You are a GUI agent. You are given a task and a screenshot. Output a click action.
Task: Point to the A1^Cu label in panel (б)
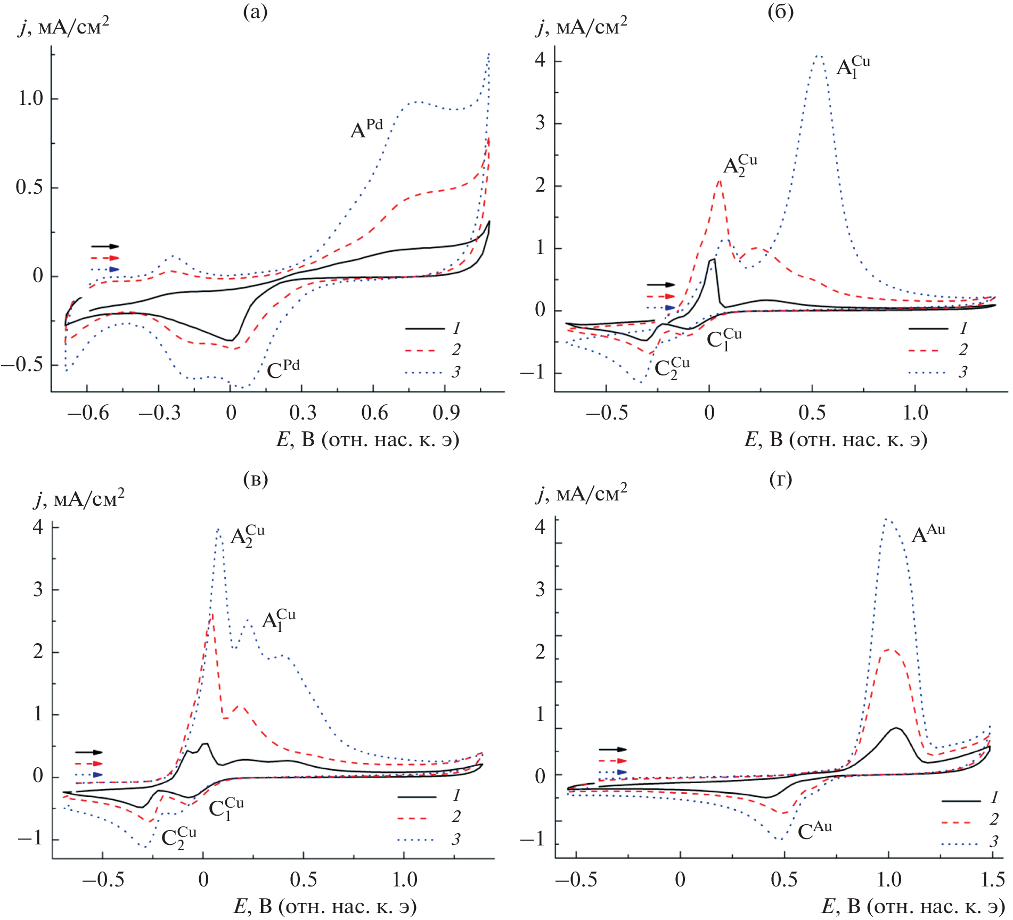click(853, 68)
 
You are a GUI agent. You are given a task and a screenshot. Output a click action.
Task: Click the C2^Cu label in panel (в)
click(178, 838)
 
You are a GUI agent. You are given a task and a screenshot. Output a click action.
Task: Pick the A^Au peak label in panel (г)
click(928, 534)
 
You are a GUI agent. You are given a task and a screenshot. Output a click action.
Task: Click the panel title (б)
click(780, 12)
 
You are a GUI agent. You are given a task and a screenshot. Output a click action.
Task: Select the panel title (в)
click(255, 480)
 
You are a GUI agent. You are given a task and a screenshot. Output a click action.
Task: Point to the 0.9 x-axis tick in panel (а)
click(446, 413)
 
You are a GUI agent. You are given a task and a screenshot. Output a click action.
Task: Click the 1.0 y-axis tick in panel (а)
click(30, 98)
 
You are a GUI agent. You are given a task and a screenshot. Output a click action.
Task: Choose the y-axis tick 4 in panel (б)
click(540, 60)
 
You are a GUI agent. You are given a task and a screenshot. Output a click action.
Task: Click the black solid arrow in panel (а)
click(105, 247)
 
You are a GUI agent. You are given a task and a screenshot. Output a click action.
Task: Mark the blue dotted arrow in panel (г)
click(613, 772)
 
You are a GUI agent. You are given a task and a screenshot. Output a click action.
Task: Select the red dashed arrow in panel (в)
click(89, 763)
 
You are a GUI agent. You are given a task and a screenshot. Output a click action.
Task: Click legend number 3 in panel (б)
click(962, 372)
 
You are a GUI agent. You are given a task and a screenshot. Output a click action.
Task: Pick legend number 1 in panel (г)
click(994, 797)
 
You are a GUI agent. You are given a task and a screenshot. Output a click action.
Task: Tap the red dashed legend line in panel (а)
click(424, 350)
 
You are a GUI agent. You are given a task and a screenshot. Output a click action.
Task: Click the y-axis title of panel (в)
click(79, 499)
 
